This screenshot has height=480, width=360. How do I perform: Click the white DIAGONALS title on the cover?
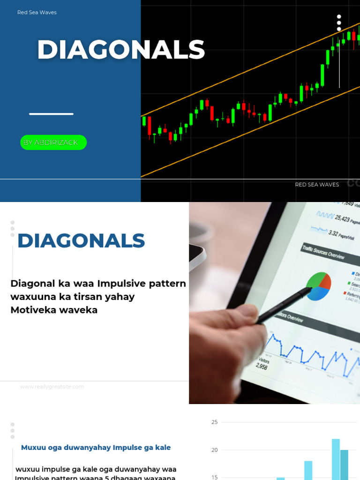coord(121,50)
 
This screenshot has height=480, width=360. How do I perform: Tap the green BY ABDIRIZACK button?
coord(53,142)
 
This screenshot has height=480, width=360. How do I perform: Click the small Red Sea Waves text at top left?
coord(37,13)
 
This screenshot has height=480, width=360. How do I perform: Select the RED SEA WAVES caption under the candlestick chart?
coord(317,185)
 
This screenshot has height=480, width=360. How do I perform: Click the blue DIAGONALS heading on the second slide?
coord(81,241)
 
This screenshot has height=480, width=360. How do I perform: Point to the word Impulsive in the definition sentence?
coord(121,284)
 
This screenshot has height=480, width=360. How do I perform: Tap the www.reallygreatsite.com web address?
coord(52,387)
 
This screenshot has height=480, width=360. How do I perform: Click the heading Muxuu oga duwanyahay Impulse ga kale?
coord(96,448)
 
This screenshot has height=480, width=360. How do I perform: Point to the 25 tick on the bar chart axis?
coord(215,422)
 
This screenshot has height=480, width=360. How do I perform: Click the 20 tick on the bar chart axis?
coord(215,450)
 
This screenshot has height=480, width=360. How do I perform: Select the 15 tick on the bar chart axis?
coord(215,477)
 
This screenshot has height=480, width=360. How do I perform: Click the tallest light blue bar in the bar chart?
coord(336,459)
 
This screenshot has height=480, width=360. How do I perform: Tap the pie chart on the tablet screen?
coord(319,286)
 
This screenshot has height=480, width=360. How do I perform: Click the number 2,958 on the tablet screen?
coord(262,367)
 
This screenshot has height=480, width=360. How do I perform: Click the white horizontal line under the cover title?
coord(51,114)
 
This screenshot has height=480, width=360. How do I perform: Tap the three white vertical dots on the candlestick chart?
coord(339,22)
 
